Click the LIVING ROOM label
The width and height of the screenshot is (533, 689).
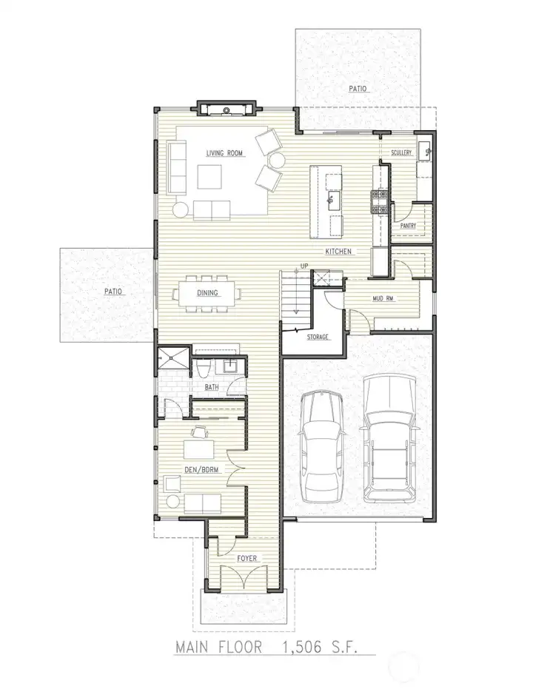pos(224,153)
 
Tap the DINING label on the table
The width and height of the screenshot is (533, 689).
pos(207,292)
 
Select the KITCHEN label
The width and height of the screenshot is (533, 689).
pos(338,252)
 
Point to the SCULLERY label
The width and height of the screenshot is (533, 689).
pos(401,152)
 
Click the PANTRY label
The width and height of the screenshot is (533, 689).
pos(408,226)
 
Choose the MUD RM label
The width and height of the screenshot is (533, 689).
pos(383,299)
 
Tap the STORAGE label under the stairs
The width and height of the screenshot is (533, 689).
pos(318,337)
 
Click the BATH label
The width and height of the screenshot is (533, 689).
pos(212,387)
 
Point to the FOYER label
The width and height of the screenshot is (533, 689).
pos(247,558)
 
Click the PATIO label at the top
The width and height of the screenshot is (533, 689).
pos(358,89)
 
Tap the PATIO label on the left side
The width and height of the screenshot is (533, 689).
pos(113,292)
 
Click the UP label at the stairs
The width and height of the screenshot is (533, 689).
pos(304,266)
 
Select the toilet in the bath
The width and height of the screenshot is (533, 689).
pos(203,369)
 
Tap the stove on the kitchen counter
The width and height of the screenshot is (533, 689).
pos(380,202)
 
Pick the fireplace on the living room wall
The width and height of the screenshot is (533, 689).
pos(226,109)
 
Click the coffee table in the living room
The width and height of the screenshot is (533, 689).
pos(209,177)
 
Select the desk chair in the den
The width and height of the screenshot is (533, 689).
pos(200,432)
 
